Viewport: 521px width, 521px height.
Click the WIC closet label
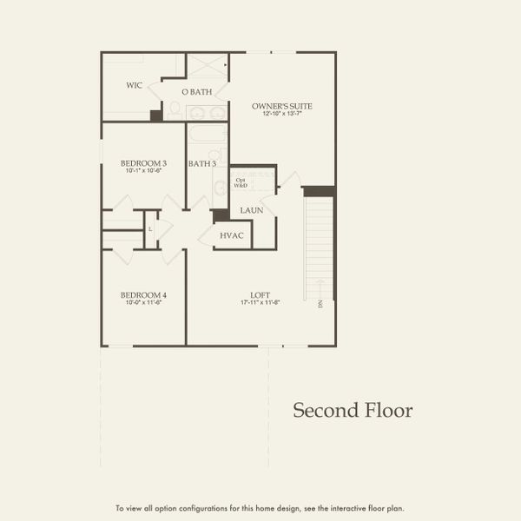(x=134, y=85)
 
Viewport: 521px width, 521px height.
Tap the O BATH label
(x=197, y=92)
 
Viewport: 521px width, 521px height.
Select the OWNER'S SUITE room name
(x=282, y=106)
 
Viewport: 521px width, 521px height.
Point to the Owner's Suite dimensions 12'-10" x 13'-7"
(x=282, y=114)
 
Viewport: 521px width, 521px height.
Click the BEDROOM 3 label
(x=143, y=162)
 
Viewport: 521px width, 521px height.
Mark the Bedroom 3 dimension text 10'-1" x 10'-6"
(x=143, y=170)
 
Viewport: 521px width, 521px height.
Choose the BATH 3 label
(x=201, y=163)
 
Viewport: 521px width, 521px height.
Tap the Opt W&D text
(x=241, y=182)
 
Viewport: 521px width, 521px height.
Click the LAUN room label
(x=252, y=210)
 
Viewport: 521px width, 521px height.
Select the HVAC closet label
(x=231, y=235)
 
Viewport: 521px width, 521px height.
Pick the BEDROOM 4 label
(x=143, y=295)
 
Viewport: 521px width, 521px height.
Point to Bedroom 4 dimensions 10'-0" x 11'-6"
(x=143, y=303)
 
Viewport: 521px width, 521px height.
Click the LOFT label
(x=260, y=295)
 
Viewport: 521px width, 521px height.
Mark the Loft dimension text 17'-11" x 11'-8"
(x=260, y=303)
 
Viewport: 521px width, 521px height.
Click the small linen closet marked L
(x=151, y=229)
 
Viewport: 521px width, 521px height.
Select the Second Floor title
(x=352, y=410)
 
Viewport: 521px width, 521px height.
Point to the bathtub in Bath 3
(x=207, y=135)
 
